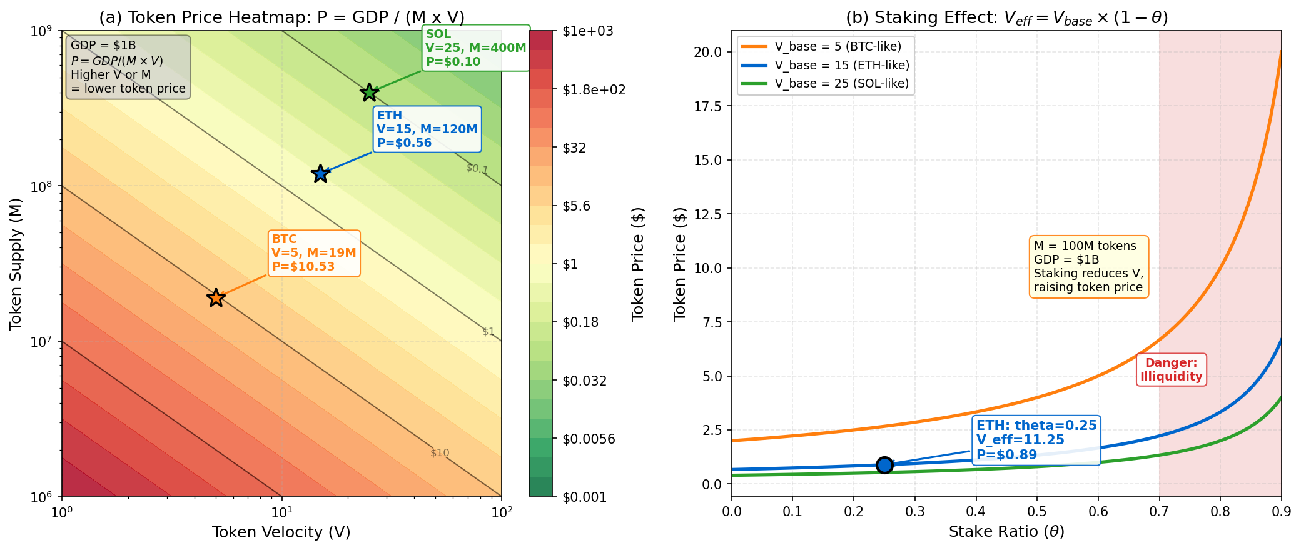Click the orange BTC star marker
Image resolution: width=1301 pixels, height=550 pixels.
(216, 298)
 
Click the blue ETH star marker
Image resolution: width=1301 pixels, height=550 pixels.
(320, 173)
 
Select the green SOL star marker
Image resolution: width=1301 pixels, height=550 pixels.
(370, 92)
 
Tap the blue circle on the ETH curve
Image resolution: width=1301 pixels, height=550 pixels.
(884, 465)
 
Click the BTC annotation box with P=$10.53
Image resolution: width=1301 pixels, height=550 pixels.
(314, 253)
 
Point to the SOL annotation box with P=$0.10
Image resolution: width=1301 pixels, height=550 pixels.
(475, 48)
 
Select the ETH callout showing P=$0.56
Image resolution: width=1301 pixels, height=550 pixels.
(427, 129)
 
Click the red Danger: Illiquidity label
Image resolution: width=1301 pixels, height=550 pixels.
(1171, 369)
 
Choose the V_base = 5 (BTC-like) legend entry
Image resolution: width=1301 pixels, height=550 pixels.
(826, 47)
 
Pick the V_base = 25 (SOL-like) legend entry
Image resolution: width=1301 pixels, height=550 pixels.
(826, 84)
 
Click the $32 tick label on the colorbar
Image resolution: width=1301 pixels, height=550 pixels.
(574, 147)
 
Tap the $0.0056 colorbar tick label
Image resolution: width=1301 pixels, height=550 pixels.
(589, 439)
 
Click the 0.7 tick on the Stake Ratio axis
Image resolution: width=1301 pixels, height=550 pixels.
(1159, 511)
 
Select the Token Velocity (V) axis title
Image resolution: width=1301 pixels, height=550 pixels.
(281, 532)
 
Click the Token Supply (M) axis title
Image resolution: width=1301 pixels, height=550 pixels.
(16, 264)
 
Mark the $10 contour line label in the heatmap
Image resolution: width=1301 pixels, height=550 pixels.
(440, 453)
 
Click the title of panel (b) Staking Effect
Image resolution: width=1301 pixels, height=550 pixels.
(1006, 17)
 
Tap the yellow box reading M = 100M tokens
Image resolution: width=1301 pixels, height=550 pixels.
(1088, 267)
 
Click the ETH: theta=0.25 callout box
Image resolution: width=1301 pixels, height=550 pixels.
(1036, 441)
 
